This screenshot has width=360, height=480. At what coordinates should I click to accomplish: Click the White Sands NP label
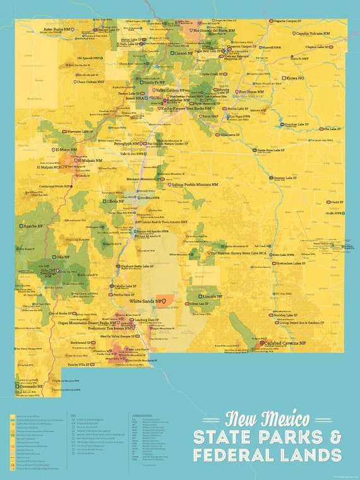tap(147, 301)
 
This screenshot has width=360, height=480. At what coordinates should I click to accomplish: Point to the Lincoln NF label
tap(212, 296)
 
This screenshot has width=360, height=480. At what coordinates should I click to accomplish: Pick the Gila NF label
tap(62, 257)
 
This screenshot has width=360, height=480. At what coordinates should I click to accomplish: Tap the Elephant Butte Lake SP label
tap(136, 267)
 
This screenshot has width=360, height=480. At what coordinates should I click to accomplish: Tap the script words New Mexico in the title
tap(267, 419)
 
